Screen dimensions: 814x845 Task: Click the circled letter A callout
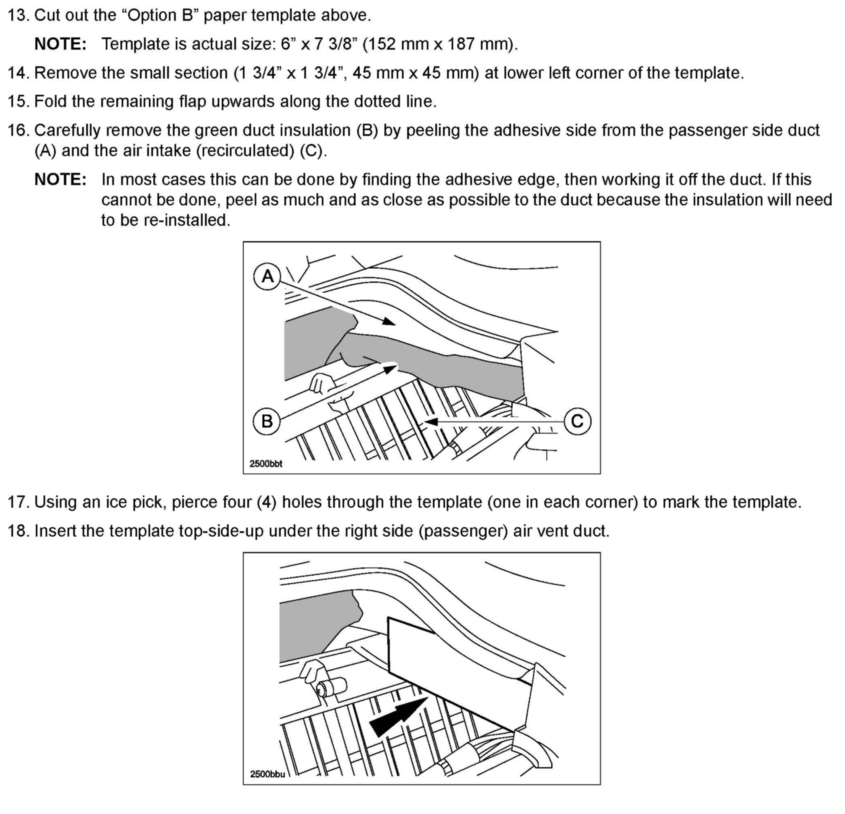(267, 276)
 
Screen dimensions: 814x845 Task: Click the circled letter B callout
(267, 421)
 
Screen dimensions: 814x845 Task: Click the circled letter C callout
(577, 421)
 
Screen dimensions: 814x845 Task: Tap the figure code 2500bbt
(266, 464)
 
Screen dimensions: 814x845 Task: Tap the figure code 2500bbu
(267, 774)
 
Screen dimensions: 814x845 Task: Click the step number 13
(19, 15)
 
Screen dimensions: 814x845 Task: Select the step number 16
(19, 130)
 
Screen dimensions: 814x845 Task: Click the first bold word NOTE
(60, 44)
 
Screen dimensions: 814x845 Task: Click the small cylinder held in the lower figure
(332, 686)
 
